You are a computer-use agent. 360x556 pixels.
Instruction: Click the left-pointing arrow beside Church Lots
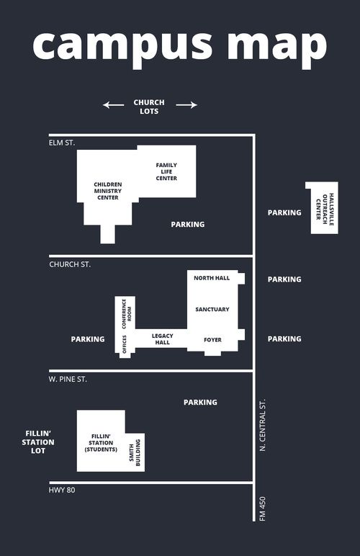(113, 105)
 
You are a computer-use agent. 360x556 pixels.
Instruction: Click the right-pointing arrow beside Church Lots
(186, 104)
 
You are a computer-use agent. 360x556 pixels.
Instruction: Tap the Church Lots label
(149, 107)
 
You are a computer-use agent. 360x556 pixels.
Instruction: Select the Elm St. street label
(62, 143)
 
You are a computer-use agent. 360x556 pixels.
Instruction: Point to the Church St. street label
(70, 264)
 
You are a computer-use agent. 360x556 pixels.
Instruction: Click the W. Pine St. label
(68, 379)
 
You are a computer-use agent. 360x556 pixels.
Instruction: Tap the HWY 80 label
(62, 490)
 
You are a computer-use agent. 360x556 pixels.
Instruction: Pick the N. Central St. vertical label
(263, 425)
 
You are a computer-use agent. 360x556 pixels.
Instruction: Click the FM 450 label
(263, 509)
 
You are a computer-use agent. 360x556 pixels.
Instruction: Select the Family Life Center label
(166, 171)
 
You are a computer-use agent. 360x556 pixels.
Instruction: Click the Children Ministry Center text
(108, 191)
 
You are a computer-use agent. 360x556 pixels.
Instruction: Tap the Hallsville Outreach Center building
(322, 208)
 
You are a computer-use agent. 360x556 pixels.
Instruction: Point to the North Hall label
(212, 278)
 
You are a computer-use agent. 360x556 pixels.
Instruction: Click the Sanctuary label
(212, 309)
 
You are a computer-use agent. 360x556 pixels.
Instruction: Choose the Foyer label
(212, 340)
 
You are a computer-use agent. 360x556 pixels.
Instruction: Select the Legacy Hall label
(162, 339)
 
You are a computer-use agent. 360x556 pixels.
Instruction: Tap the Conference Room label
(127, 314)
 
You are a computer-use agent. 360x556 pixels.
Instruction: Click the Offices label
(125, 344)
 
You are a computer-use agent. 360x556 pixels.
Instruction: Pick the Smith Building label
(135, 452)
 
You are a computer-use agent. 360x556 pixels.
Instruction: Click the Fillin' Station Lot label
(38, 442)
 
